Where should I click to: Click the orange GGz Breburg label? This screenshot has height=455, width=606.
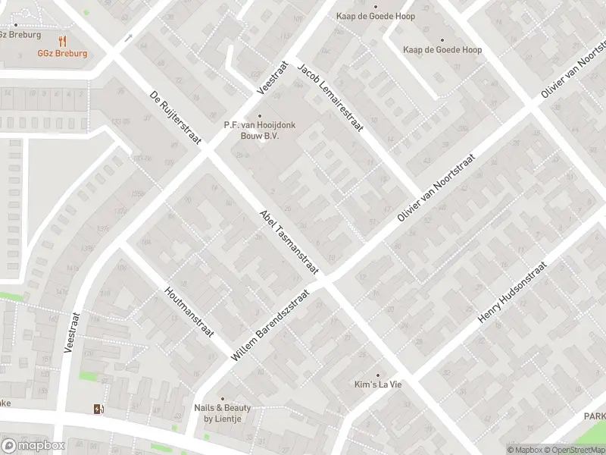pyautogui.click(x=64, y=54)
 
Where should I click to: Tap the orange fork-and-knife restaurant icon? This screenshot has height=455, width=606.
pyautogui.click(x=63, y=42)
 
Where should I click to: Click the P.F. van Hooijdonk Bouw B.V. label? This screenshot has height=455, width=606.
pyautogui.click(x=259, y=130)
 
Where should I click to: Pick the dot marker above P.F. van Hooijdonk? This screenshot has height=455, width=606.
pyautogui.click(x=260, y=116)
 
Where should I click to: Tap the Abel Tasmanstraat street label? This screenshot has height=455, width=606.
pyautogui.click(x=289, y=240)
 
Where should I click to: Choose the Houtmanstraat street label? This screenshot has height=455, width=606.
pyautogui.click(x=189, y=312)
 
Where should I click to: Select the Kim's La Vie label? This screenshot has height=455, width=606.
pyautogui.click(x=378, y=384)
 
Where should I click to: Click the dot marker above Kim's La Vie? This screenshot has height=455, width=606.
pyautogui.click(x=378, y=374)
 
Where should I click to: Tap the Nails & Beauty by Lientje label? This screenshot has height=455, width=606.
pyautogui.click(x=222, y=413)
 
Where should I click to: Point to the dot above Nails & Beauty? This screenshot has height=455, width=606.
pyautogui.click(x=222, y=398)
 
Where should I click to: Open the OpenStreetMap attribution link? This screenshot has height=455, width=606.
pyautogui.click(x=575, y=450)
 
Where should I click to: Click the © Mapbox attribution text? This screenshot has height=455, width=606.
pyautogui.click(x=525, y=450)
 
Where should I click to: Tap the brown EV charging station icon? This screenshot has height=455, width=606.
pyautogui.click(x=97, y=409)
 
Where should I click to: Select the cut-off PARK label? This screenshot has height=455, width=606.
pyautogui.click(x=595, y=416)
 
